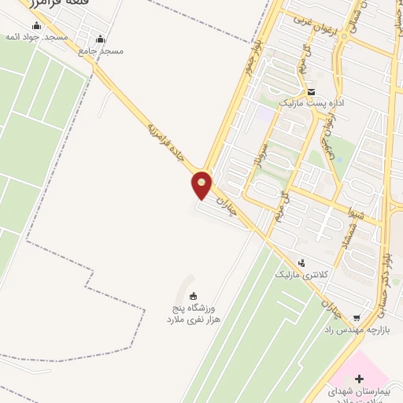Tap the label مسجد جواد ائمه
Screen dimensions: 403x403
[39, 38]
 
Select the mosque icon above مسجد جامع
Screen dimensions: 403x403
[100, 38]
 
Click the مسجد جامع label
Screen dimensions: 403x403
[102, 50]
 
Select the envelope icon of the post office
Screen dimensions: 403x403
[311, 91]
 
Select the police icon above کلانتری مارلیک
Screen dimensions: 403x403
[300, 263]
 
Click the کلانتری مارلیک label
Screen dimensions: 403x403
[300, 275]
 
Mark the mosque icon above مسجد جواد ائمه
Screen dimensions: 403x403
[36, 25]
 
